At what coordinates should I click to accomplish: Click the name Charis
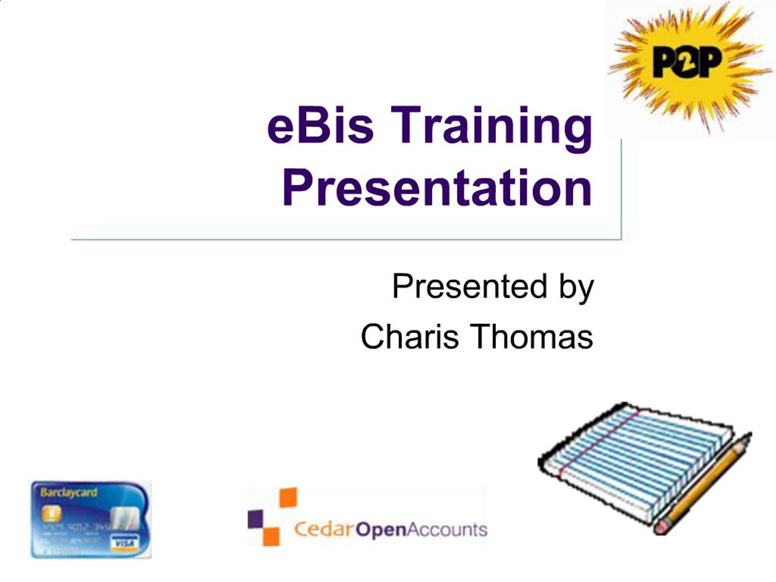coord(410,336)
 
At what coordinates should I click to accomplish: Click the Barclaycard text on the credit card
coord(69,492)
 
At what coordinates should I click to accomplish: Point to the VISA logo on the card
coord(125,544)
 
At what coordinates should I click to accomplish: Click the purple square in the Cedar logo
coord(256,519)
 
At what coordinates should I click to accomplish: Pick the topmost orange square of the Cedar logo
coord(288,497)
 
